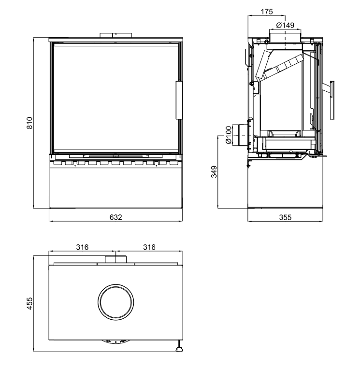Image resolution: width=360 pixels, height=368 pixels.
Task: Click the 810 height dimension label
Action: point(30,123)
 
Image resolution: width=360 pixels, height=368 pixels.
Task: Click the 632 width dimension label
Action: point(116,217)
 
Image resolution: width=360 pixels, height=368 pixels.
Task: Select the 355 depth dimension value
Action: point(285,217)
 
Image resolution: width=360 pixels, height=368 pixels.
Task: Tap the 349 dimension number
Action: point(214,172)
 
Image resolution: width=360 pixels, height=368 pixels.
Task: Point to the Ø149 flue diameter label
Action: point(285,25)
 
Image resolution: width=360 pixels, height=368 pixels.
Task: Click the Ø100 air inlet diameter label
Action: point(228,135)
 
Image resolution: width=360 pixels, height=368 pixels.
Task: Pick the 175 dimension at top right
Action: point(267,12)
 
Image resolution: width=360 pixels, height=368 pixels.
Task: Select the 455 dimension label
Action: point(30,303)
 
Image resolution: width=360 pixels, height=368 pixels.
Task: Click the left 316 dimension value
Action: point(82,247)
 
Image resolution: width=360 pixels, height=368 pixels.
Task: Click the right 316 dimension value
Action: point(149,247)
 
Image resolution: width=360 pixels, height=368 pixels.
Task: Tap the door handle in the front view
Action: point(179,100)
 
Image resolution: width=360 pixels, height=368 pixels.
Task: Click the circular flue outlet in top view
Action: point(116,302)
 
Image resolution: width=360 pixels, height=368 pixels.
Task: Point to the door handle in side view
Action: point(332,100)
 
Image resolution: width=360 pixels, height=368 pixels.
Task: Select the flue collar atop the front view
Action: point(116,35)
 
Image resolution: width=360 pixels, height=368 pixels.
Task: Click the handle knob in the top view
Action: point(179,350)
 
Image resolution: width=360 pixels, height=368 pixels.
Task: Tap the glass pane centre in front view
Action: point(116,98)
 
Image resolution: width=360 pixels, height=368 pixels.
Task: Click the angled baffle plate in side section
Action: point(283,67)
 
